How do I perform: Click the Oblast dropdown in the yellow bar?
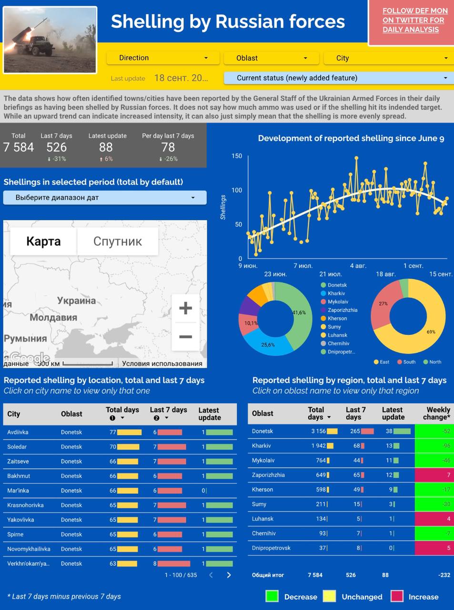(271, 58)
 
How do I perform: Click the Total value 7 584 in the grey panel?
(19, 147)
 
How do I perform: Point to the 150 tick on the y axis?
(237, 156)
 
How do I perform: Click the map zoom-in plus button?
(185, 308)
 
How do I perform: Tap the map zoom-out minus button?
(185, 336)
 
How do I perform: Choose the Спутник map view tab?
(117, 241)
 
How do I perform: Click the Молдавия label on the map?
(53, 317)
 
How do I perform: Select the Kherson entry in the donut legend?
(337, 318)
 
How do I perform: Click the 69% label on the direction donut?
(431, 332)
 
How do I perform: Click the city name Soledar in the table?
(17, 447)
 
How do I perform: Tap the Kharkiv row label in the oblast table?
(262, 446)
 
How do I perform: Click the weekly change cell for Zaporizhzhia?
(433, 475)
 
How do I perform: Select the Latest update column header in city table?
(210, 414)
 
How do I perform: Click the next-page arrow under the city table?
(229, 575)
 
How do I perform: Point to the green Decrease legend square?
(272, 596)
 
